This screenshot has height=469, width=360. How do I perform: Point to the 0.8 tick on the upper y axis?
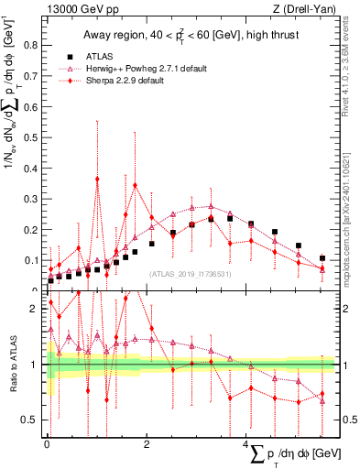coord(34,42)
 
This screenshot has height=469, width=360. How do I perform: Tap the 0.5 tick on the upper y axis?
coord(34,136)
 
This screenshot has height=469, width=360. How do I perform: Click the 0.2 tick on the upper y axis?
coord(34,229)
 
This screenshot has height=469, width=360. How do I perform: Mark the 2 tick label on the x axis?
coord(147,442)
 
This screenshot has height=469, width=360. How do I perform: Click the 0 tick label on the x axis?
coord(47,442)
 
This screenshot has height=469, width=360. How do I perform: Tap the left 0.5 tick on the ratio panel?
coord(35,420)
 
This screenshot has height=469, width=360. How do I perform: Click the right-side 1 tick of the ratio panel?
coord(338,365)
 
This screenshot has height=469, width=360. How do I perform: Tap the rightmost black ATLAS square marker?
coord(322,258)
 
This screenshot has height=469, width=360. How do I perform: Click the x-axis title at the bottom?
coord(284,453)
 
